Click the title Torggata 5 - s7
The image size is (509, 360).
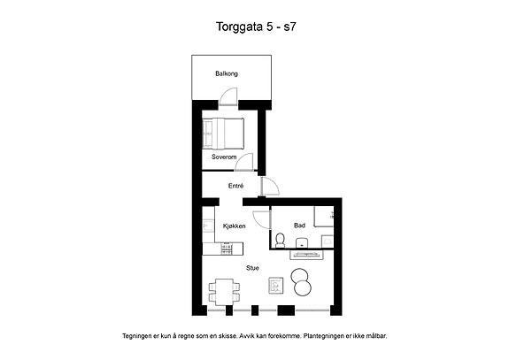(256, 27)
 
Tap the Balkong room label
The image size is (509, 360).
(227, 73)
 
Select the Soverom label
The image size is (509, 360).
(224, 157)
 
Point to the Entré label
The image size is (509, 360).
(236, 186)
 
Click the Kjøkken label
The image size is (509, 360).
(234, 226)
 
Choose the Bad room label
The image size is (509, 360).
(299, 225)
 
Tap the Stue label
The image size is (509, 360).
(252, 268)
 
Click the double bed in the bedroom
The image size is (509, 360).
(223, 134)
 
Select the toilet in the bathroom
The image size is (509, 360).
(280, 240)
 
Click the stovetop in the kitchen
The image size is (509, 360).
(227, 249)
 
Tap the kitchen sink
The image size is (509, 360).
(207, 225)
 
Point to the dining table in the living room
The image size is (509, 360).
(224, 292)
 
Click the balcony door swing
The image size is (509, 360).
(228, 96)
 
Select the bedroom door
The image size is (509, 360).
(243, 162)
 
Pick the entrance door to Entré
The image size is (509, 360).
(270, 187)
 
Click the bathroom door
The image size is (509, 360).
(262, 220)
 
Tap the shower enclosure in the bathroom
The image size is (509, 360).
(324, 217)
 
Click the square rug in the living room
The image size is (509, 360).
(276, 286)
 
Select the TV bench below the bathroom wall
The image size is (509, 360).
(307, 255)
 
